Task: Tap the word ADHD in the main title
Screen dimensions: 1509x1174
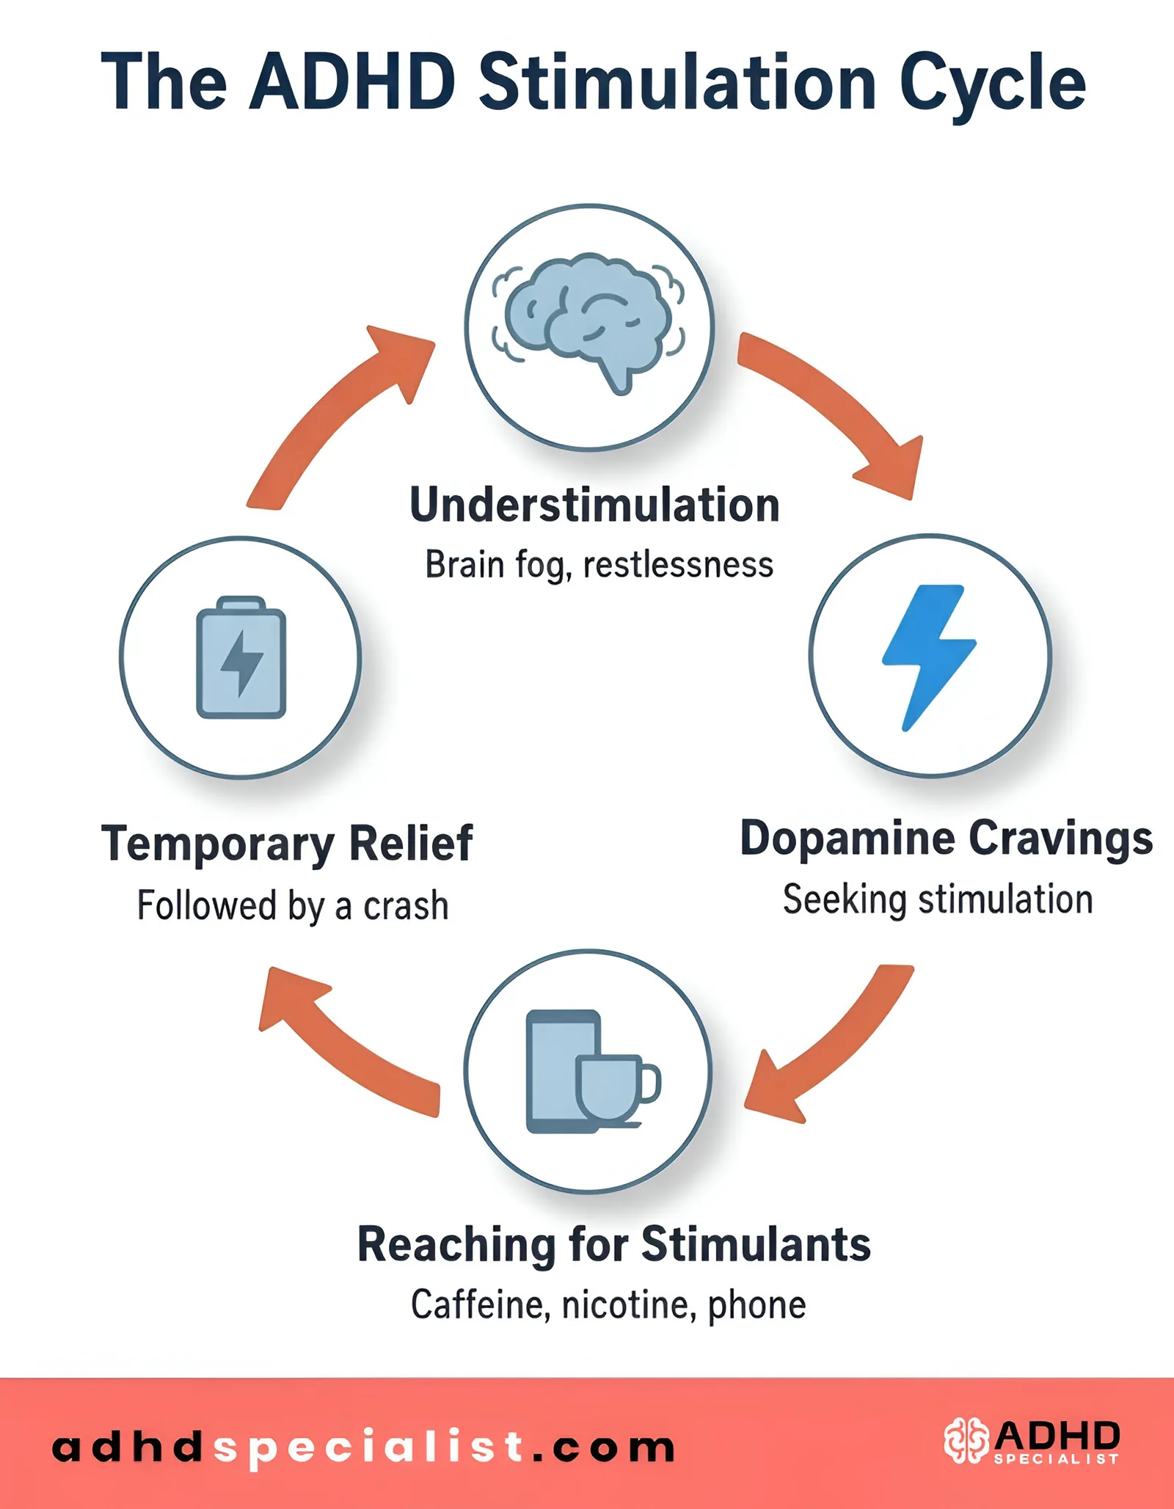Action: [352, 82]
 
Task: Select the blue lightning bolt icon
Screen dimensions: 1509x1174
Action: [928, 655]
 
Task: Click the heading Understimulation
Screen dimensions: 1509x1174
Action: [594, 505]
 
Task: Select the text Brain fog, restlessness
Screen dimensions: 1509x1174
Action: [599, 566]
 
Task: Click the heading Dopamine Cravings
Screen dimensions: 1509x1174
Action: [946, 838]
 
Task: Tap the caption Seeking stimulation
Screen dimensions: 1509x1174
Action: [937, 900]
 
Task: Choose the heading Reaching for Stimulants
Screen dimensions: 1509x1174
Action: [613, 1245]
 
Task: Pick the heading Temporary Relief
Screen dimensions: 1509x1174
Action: [287, 844]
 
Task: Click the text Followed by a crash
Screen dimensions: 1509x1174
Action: [293, 906]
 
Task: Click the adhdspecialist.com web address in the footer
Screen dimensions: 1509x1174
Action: [363, 1447]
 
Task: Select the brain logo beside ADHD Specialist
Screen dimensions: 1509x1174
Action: [965, 1440]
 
